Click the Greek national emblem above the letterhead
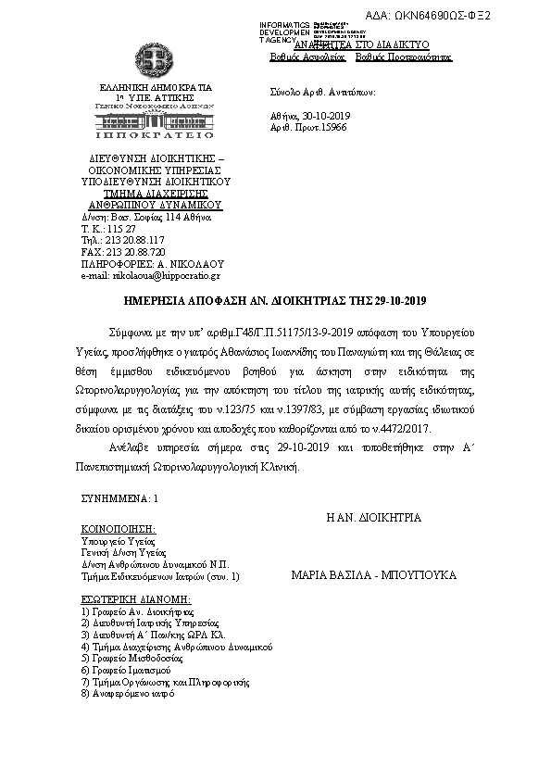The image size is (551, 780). [156, 63]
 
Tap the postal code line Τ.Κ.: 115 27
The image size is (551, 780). [109, 228]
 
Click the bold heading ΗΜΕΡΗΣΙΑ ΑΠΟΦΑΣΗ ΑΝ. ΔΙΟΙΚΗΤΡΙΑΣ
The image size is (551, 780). [275, 302]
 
